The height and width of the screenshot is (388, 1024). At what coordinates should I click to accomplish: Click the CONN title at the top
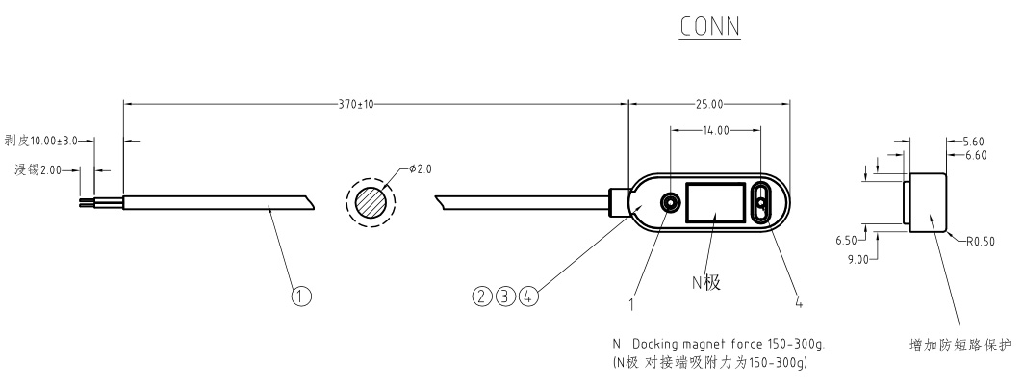coord(710,26)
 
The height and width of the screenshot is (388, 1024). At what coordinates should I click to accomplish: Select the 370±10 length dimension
coord(356,104)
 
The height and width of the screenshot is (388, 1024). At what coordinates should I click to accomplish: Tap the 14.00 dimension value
coord(716,130)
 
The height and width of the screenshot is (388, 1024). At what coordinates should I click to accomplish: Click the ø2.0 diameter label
coord(421,169)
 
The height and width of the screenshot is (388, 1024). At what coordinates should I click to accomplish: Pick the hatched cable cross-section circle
coord(371,202)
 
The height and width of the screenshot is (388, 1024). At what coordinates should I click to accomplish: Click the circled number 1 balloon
coord(301,297)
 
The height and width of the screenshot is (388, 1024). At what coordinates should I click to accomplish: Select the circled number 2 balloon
coord(482,297)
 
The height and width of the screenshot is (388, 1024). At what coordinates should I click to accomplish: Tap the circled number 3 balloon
coord(505,297)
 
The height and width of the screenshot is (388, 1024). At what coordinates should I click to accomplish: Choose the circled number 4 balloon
coord(529,297)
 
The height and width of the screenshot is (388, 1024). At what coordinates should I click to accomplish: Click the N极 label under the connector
coord(706,282)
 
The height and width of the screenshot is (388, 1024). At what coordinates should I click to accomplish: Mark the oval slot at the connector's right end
coord(762,202)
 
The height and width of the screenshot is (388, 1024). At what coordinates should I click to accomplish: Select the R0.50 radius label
coord(981,242)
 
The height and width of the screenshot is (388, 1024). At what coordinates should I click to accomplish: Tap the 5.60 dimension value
coord(974,142)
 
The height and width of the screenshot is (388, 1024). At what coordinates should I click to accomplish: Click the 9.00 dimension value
coord(858,259)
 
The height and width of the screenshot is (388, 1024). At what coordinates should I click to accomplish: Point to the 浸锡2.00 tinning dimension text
coord(38,169)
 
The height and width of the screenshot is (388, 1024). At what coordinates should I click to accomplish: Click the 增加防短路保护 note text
coord(960,345)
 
